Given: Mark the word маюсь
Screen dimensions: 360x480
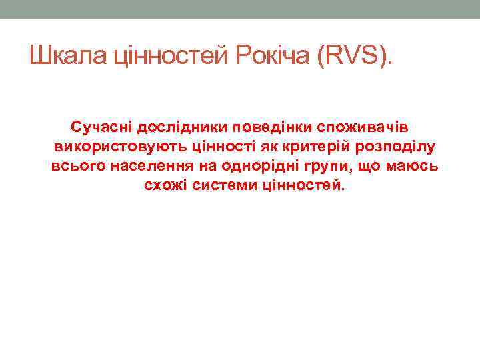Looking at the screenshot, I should tap(414, 165).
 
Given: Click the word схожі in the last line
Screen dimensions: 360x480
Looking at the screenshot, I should tap(165, 185).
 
